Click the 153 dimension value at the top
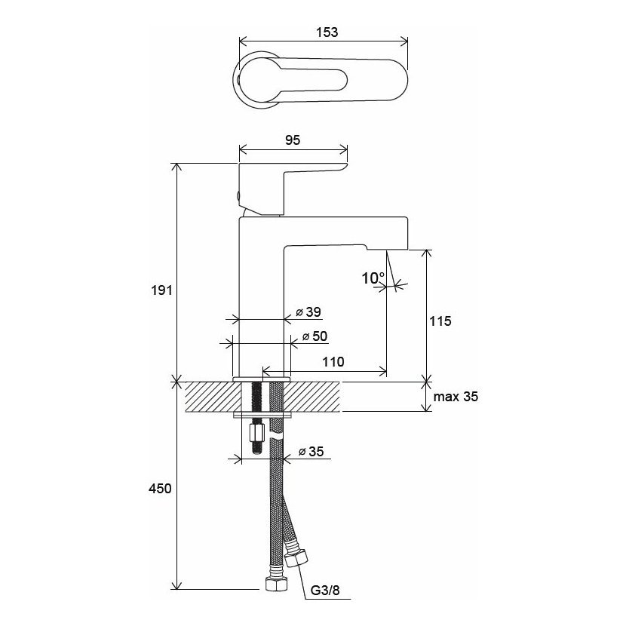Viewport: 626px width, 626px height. (327, 32)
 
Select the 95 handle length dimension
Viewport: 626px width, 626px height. (293, 140)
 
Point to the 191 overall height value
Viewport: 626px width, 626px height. (161, 290)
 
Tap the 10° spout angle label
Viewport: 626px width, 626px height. (373, 278)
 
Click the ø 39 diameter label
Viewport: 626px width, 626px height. (308, 311)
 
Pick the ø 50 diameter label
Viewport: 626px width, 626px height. (315, 336)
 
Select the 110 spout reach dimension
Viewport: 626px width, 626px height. (333, 362)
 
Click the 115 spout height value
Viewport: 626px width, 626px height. (440, 321)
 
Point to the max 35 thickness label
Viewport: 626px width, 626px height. (456, 397)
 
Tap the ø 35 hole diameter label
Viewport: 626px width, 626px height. (311, 452)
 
